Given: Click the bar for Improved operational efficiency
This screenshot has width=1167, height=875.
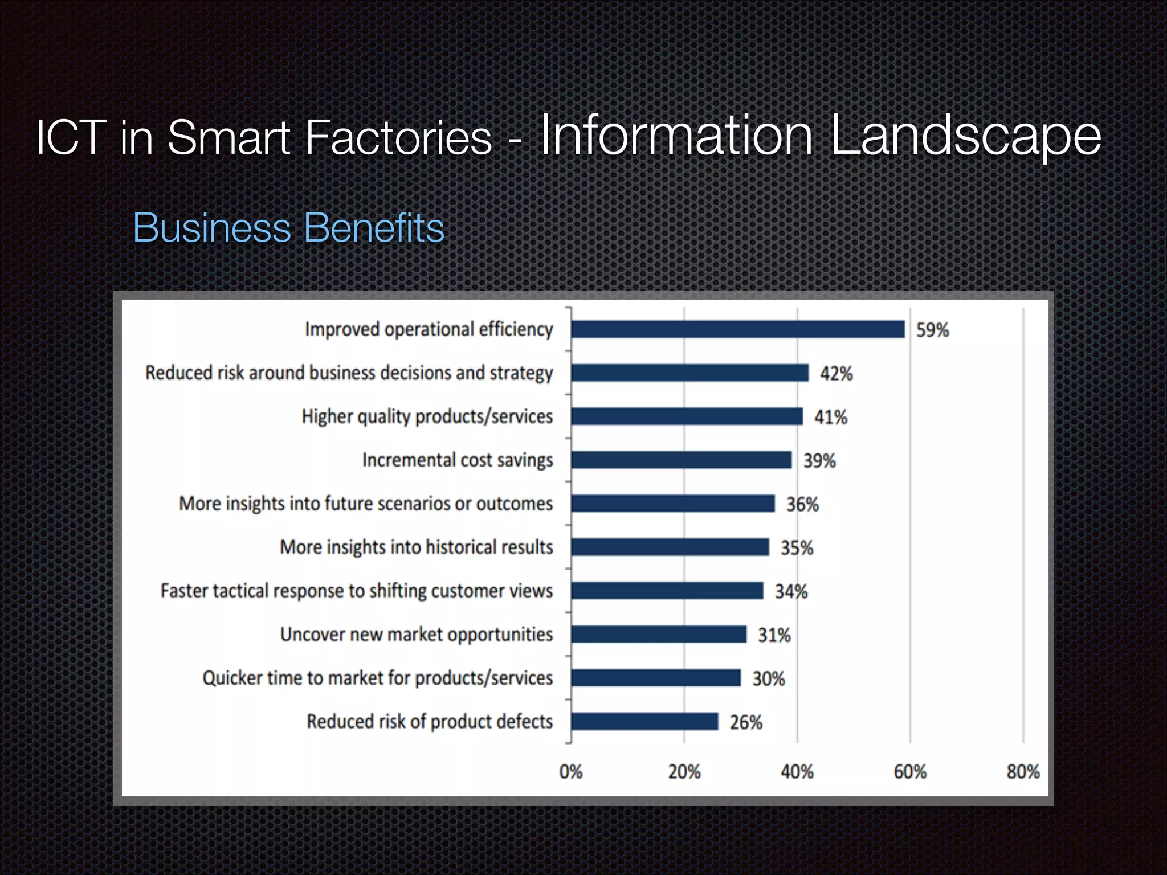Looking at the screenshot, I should point(737,329).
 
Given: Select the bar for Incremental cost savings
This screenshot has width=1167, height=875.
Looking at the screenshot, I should point(681,460).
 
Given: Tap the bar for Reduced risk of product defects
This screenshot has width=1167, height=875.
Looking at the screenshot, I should point(644,721).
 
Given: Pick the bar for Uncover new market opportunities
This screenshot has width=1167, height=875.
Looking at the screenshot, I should point(658,634).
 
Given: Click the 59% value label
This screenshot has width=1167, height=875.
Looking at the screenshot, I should point(932,330).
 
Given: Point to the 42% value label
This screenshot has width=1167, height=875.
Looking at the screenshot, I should point(836,374).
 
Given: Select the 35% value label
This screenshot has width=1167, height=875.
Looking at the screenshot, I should point(797,548).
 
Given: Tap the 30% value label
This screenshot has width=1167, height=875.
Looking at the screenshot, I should point(768,678).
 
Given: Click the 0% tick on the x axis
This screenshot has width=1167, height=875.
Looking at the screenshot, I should point(570,772).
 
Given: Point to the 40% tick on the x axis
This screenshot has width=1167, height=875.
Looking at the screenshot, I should point(797,772).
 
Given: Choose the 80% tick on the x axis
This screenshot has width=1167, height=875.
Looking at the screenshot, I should point(1023,772).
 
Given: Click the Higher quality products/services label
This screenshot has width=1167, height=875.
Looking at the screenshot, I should point(427,416).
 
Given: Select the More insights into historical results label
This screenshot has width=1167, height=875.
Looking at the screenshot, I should point(416,547).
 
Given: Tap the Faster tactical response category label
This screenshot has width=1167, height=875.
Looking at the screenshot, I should point(356,591).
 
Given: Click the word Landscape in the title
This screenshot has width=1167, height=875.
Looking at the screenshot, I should point(965,137).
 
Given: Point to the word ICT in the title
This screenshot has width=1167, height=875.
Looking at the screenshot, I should point(71,137).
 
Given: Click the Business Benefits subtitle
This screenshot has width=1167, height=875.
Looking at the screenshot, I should point(288,228).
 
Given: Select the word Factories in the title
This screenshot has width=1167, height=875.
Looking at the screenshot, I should point(398,137).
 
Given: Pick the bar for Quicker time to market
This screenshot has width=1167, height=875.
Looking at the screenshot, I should point(655,678).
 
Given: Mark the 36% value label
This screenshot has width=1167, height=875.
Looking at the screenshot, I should point(802,504).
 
